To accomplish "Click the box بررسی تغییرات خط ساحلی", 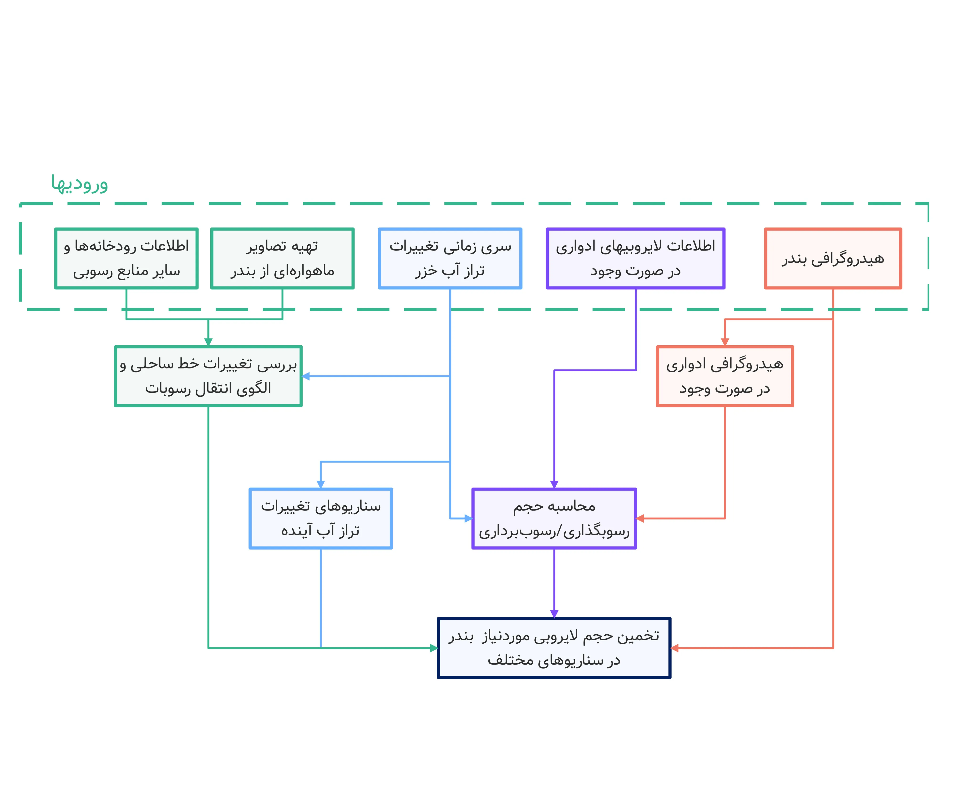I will click(x=208, y=376).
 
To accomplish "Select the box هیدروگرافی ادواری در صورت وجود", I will click(x=725, y=376).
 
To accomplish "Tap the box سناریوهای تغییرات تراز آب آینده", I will click(x=320, y=518).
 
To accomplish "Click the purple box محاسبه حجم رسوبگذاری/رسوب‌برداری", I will click(x=554, y=518).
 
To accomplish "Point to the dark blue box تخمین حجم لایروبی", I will click(x=554, y=648).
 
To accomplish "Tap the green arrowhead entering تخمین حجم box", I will click(x=434, y=648).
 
